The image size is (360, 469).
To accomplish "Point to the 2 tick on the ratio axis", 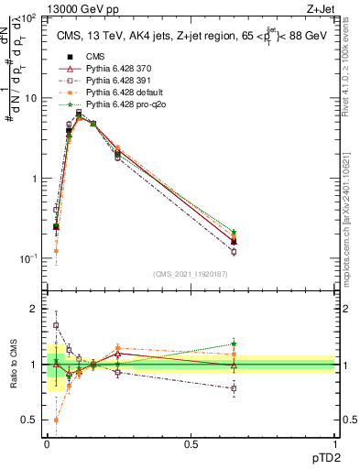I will (x=33, y=310).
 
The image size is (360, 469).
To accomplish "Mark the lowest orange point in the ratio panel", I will (x=56, y=420).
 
